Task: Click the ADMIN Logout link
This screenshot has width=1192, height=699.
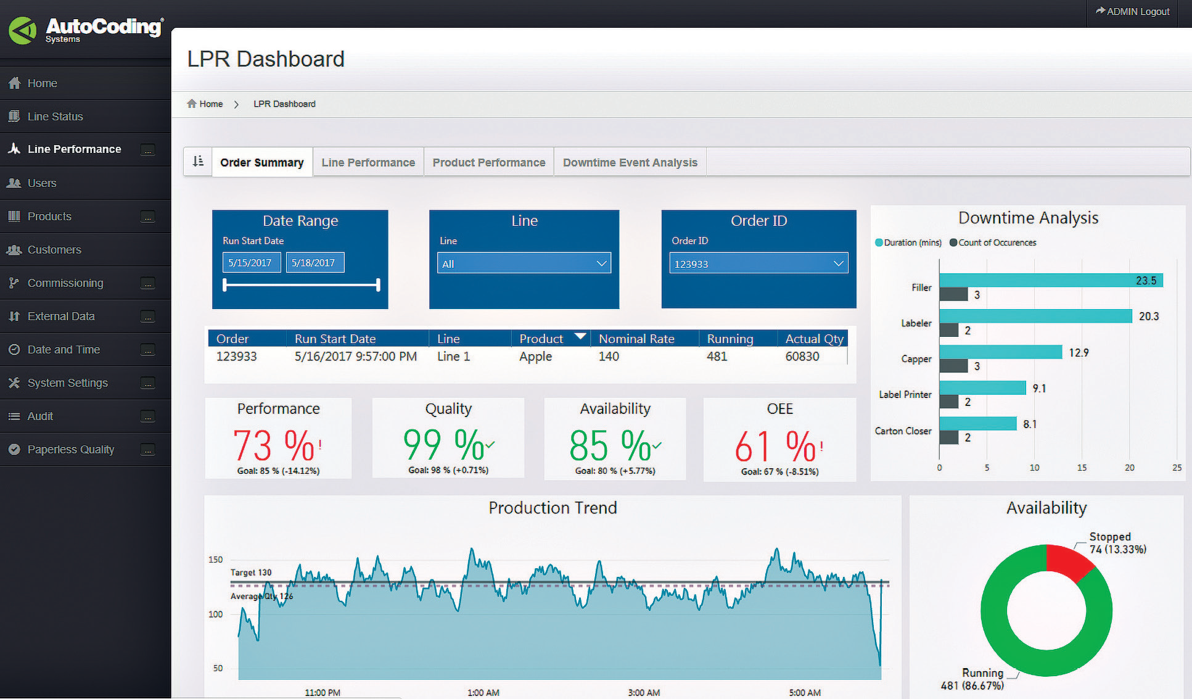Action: coord(1132,12)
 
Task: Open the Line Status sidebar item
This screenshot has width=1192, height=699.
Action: coord(55,117)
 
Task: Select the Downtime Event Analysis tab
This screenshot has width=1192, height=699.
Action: coord(630,162)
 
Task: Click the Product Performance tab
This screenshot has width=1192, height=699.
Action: coord(488,162)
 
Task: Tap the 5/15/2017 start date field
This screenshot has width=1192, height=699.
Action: coord(250,263)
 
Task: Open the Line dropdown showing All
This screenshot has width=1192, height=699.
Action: coord(524,263)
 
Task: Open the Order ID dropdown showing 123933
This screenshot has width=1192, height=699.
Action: coord(758,263)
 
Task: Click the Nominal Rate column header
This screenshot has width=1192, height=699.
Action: coord(636,339)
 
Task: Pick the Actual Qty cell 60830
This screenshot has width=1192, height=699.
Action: coord(802,357)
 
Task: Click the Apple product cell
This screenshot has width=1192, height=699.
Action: coord(535,357)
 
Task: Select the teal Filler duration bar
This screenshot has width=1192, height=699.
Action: coord(1048,281)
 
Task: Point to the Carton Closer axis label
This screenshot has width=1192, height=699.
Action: coord(903,431)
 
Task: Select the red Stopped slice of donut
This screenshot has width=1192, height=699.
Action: coord(1066,560)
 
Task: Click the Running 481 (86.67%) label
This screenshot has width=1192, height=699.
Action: coord(973,679)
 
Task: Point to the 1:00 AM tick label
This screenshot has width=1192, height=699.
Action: coord(483,693)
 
